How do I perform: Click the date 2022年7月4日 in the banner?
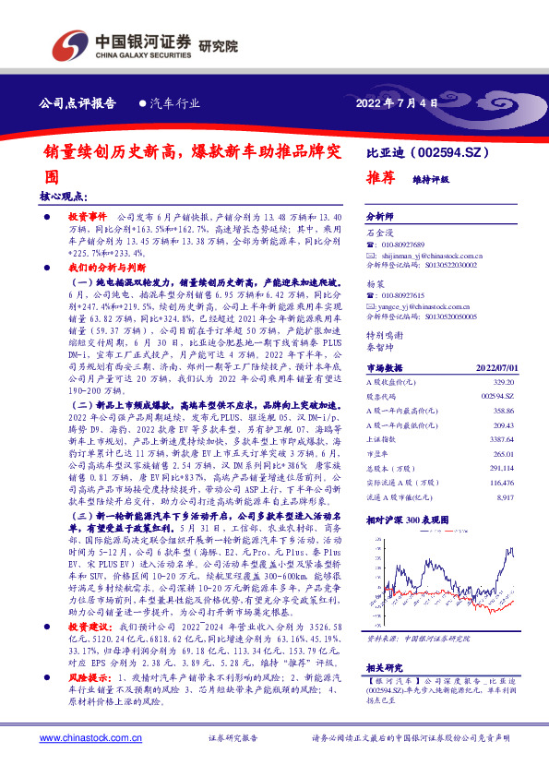click(x=395, y=103)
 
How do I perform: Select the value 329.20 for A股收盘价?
click(x=501, y=379)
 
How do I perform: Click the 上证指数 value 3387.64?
click(x=499, y=440)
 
